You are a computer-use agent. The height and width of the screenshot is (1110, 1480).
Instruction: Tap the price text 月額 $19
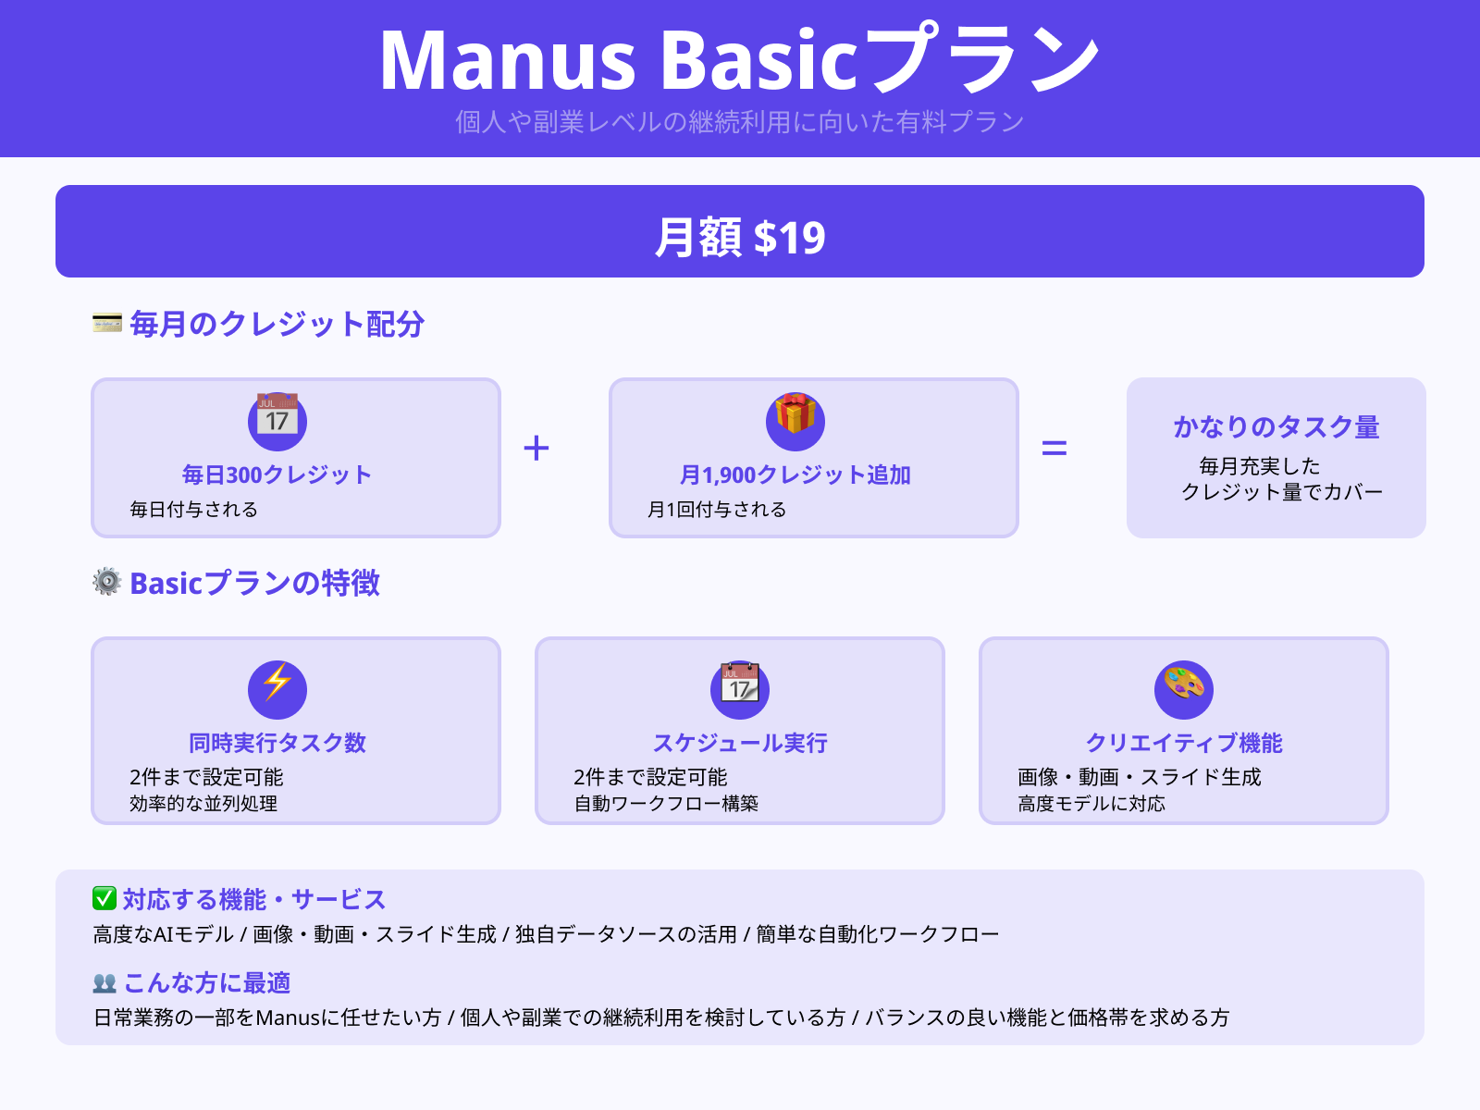740,238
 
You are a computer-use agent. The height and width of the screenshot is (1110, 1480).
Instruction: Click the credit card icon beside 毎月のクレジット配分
107,323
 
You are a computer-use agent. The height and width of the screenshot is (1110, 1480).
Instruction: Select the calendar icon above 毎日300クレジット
277,420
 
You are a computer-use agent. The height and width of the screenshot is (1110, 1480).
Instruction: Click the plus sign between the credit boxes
536,449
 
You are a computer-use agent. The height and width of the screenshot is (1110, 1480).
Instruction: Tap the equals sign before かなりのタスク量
1054,449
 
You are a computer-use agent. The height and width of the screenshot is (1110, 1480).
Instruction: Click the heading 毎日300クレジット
277,475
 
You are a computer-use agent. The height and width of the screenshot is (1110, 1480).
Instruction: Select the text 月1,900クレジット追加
795,475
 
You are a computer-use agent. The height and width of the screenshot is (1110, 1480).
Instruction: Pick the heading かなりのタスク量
1276,426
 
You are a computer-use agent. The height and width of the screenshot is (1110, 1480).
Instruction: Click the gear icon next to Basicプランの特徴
107,582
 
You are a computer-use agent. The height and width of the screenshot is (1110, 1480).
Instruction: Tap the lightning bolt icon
277,685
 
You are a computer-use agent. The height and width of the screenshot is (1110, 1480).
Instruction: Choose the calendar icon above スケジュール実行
740,685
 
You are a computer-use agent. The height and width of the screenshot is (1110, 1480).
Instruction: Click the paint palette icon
1184,685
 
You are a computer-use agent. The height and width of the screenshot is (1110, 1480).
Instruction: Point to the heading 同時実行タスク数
277,743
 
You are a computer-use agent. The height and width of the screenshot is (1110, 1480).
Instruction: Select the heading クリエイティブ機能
1184,743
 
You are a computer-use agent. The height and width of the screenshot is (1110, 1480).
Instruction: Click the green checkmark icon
105,898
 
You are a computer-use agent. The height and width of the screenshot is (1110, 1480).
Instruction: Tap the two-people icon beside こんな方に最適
105,982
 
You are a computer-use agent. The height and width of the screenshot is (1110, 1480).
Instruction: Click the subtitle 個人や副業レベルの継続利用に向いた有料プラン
740,121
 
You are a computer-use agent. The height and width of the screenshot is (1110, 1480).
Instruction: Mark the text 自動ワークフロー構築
666,804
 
